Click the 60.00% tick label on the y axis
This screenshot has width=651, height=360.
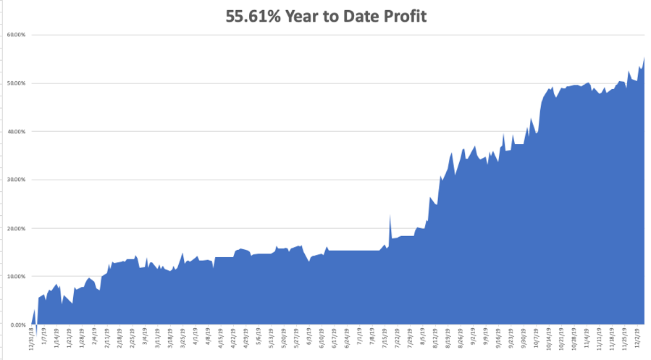click(17, 35)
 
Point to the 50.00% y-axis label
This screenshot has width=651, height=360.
click(17, 83)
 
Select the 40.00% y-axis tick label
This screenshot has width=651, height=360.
click(17, 132)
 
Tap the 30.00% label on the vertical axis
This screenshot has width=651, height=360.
click(17, 180)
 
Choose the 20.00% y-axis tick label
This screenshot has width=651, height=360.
click(17, 228)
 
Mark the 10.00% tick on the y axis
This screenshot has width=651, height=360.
click(17, 277)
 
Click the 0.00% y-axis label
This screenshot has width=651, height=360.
click(18, 325)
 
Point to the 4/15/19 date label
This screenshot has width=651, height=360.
click(218, 340)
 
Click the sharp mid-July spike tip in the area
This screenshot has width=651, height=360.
click(390, 215)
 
